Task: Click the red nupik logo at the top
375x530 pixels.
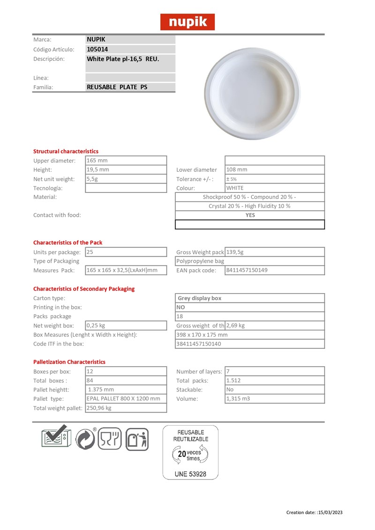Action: pyautogui.click(x=187, y=22)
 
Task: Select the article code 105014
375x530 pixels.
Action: pyautogui.click(x=97, y=49)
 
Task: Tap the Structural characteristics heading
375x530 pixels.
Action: pyautogui.click(x=66, y=151)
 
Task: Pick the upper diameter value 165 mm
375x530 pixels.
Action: pyautogui.click(x=97, y=161)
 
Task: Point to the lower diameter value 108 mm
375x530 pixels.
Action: pyautogui.click(x=237, y=169)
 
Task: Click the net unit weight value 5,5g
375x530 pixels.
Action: pyautogui.click(x=92, y=179)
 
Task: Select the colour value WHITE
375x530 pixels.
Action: pyautogui.click(x=235, y=188)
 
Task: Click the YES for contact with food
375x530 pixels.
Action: pyautogui.click(x=250, y=215)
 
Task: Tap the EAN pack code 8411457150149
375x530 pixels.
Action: pyautogui.click(x=247, y=270)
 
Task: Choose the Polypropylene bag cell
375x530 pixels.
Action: pyautogui.click(x=201, y=261)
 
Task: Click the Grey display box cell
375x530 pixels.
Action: pyautogui.click(x=200, y=298)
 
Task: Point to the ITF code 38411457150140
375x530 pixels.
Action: pyautogui.click(x=199, y=344)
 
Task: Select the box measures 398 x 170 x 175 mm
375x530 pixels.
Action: pyautogui.click(x=202, y=335)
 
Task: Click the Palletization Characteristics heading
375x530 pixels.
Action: pyautogui.click(x=69, y=362)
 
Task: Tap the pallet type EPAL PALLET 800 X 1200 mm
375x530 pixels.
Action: pyautogui.click(x=124, y=398)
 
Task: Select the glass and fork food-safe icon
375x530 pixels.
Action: pyautogui.click(x=109, y=439)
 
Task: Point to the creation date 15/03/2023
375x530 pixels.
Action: pyautogui.click(x=331, y=512)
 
